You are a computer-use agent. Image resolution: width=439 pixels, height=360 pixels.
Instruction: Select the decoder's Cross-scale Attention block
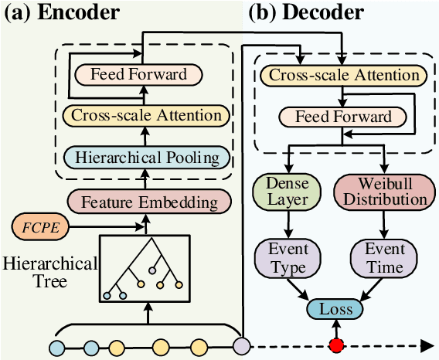click(x=341, y=76)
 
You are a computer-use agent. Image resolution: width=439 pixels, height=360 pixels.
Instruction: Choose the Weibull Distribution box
click(x=381, y=189)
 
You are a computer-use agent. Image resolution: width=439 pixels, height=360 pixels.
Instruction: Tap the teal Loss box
click(x=336, y=309)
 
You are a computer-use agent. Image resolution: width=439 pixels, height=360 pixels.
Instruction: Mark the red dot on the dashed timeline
click(x=336, y=344)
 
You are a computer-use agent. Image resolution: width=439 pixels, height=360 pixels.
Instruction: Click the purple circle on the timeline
click(x=242, y=345)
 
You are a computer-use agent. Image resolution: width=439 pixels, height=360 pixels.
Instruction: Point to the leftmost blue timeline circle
click(x=57, y=345)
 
